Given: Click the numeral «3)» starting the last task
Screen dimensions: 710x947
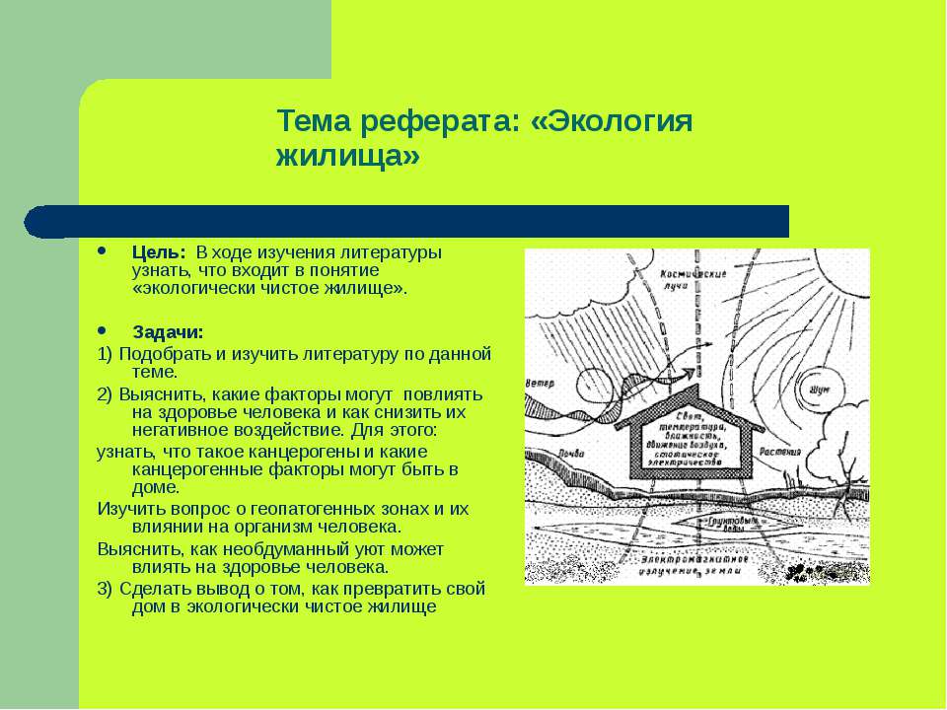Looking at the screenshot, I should point(107,589).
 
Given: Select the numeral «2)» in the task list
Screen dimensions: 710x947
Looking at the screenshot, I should point(107,393).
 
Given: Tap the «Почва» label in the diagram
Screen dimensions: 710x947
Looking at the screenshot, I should point(546,453).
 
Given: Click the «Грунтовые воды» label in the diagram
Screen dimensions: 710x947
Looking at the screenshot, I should point(727,523).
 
